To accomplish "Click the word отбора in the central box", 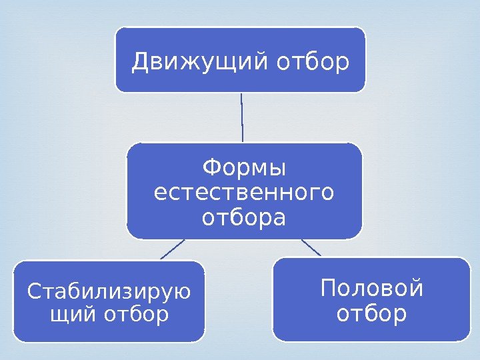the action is (243, 218).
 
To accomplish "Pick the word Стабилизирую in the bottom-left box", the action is (109, 291).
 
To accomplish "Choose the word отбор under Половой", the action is (371, 313).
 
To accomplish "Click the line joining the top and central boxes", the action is (241, 117).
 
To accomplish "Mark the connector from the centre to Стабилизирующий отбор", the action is (172, 249).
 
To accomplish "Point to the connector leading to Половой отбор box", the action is (311, 247).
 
